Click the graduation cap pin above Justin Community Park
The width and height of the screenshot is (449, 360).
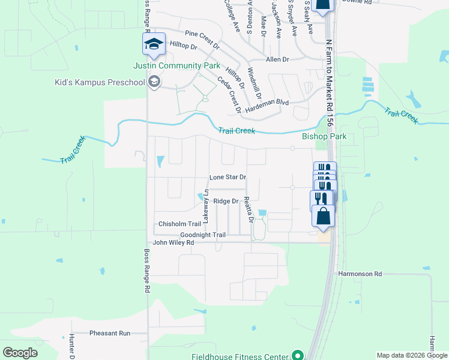click(153, 43)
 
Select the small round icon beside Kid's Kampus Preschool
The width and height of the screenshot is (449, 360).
click(154, 82)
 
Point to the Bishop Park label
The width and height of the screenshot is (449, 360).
click(324, 137)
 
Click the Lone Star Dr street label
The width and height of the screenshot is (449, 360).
click(228, 178)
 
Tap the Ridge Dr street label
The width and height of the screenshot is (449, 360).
click(226, 202)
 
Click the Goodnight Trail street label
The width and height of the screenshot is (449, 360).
click(203, 235)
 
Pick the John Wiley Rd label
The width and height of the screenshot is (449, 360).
click(173, 243)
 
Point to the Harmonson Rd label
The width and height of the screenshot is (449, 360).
click(360, 274)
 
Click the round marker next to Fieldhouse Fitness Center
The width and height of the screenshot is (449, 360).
click(296, 356)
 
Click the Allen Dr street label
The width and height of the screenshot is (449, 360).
click(277, 60)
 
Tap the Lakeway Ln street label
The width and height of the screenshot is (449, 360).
click(206, 206)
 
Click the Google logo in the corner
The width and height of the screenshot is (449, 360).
click(20, 352)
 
